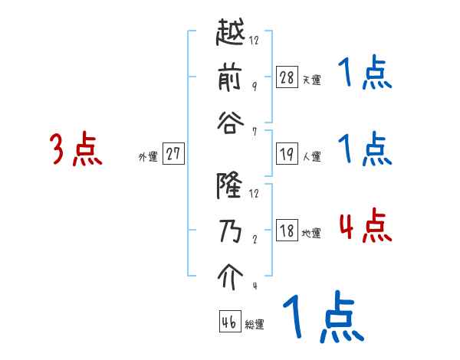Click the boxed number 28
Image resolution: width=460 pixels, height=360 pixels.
point(287,77)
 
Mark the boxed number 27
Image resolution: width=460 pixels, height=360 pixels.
point(174,155)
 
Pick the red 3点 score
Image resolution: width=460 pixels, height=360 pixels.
point(77,149)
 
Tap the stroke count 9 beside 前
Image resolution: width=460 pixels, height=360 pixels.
point(255,86)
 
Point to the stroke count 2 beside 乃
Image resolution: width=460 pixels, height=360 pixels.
point(255,238)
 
